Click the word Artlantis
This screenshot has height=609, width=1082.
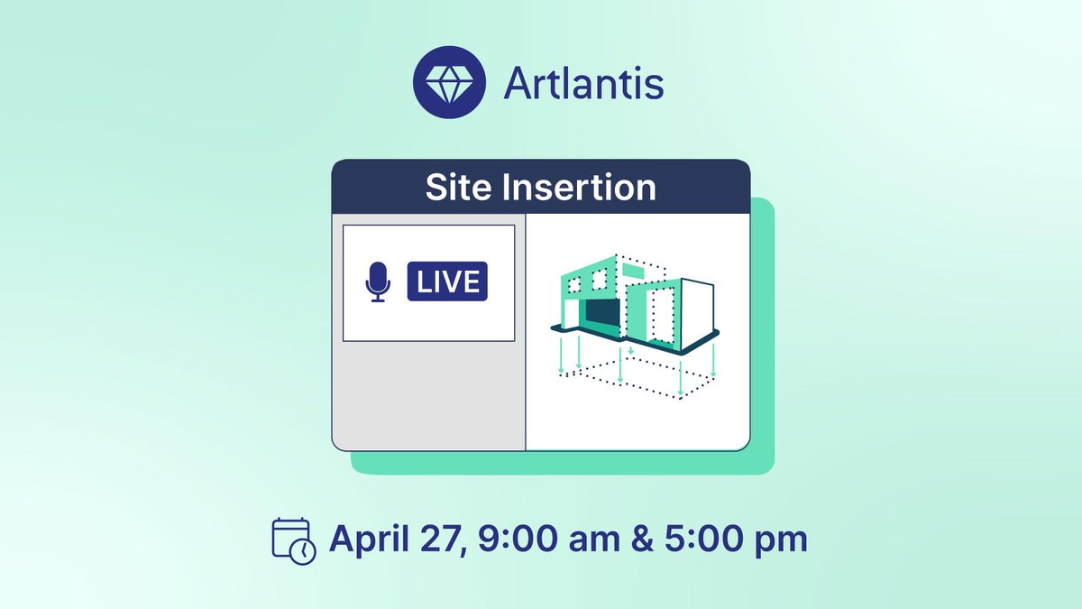click(583, 85)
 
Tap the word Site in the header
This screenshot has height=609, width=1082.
click(458, 188)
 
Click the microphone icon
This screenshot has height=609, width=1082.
click(378, 282)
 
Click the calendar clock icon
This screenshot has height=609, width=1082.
click(293, 540)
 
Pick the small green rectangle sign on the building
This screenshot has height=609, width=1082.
click(635, 269)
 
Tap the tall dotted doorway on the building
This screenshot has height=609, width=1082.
click(662, 318)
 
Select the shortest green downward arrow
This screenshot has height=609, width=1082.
click(631, 350)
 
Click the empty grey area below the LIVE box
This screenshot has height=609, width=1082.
click(428, 394)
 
